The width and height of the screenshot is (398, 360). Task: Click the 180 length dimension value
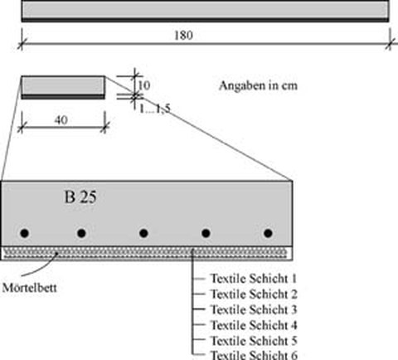click(x=183, y=36)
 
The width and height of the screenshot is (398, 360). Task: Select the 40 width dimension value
click(x=61, y=120)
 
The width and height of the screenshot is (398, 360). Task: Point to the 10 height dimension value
click(x=144, y=85)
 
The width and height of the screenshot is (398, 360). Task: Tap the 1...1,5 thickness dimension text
click(x=155, y=109)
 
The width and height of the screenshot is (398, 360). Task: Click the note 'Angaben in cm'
click(x=258, y=85)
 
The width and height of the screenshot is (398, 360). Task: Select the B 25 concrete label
click(x=80, y=197)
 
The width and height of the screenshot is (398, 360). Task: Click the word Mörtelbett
click(x=29, y=288)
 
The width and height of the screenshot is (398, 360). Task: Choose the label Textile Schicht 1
click(x=254, y=279)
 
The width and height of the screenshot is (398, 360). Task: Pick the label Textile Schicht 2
click(x=254, y=294)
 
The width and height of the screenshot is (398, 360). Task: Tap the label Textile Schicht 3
click(x=254, y=309)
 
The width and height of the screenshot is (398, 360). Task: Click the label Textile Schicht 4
click(x=254, y=325)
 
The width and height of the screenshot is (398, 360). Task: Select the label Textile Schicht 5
click(x=254, y=341)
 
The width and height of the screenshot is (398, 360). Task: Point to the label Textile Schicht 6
click(x=254, y=355)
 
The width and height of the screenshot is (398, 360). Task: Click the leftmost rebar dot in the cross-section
click(x=25, y=233)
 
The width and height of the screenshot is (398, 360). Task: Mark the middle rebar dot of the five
click(x=143, y=233)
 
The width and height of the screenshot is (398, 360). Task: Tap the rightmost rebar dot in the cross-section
click(x=268, y=233)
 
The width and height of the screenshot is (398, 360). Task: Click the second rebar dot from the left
click(x=81, y=233)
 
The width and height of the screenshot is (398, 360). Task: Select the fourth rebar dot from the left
click(x=206, y=233)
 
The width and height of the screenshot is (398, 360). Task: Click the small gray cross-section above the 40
click(x=63, y=87)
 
